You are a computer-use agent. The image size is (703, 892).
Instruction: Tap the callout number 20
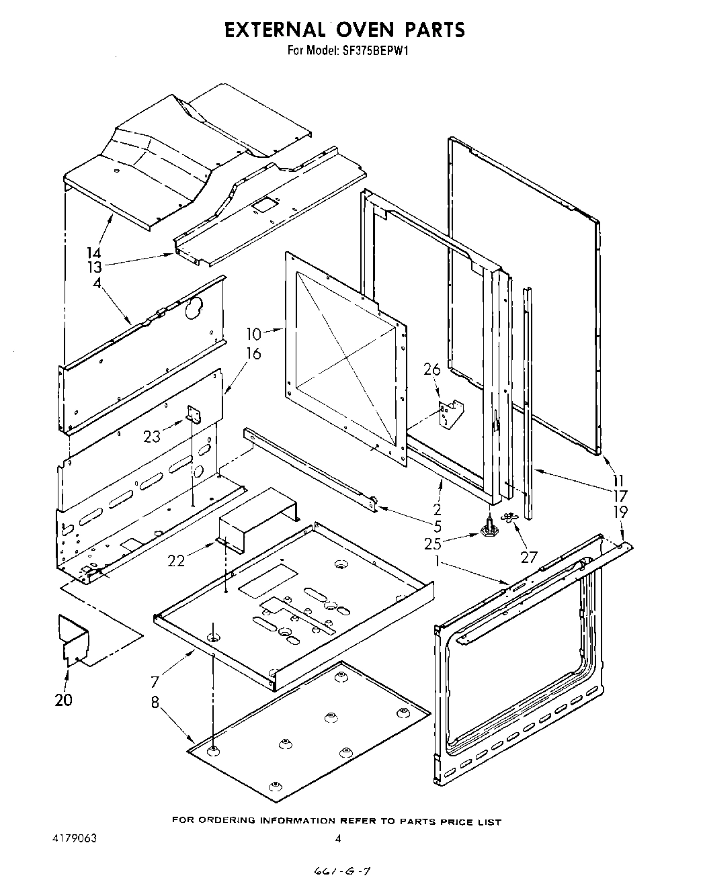click(64, 699)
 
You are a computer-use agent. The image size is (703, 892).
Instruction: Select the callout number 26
click(431, 369)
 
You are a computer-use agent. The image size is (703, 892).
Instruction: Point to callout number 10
click(253, 333)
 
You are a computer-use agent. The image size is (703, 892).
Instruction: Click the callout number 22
click(176, 560)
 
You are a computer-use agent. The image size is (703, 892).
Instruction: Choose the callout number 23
click(152, 436)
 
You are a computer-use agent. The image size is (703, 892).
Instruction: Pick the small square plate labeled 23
click(194, 416)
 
